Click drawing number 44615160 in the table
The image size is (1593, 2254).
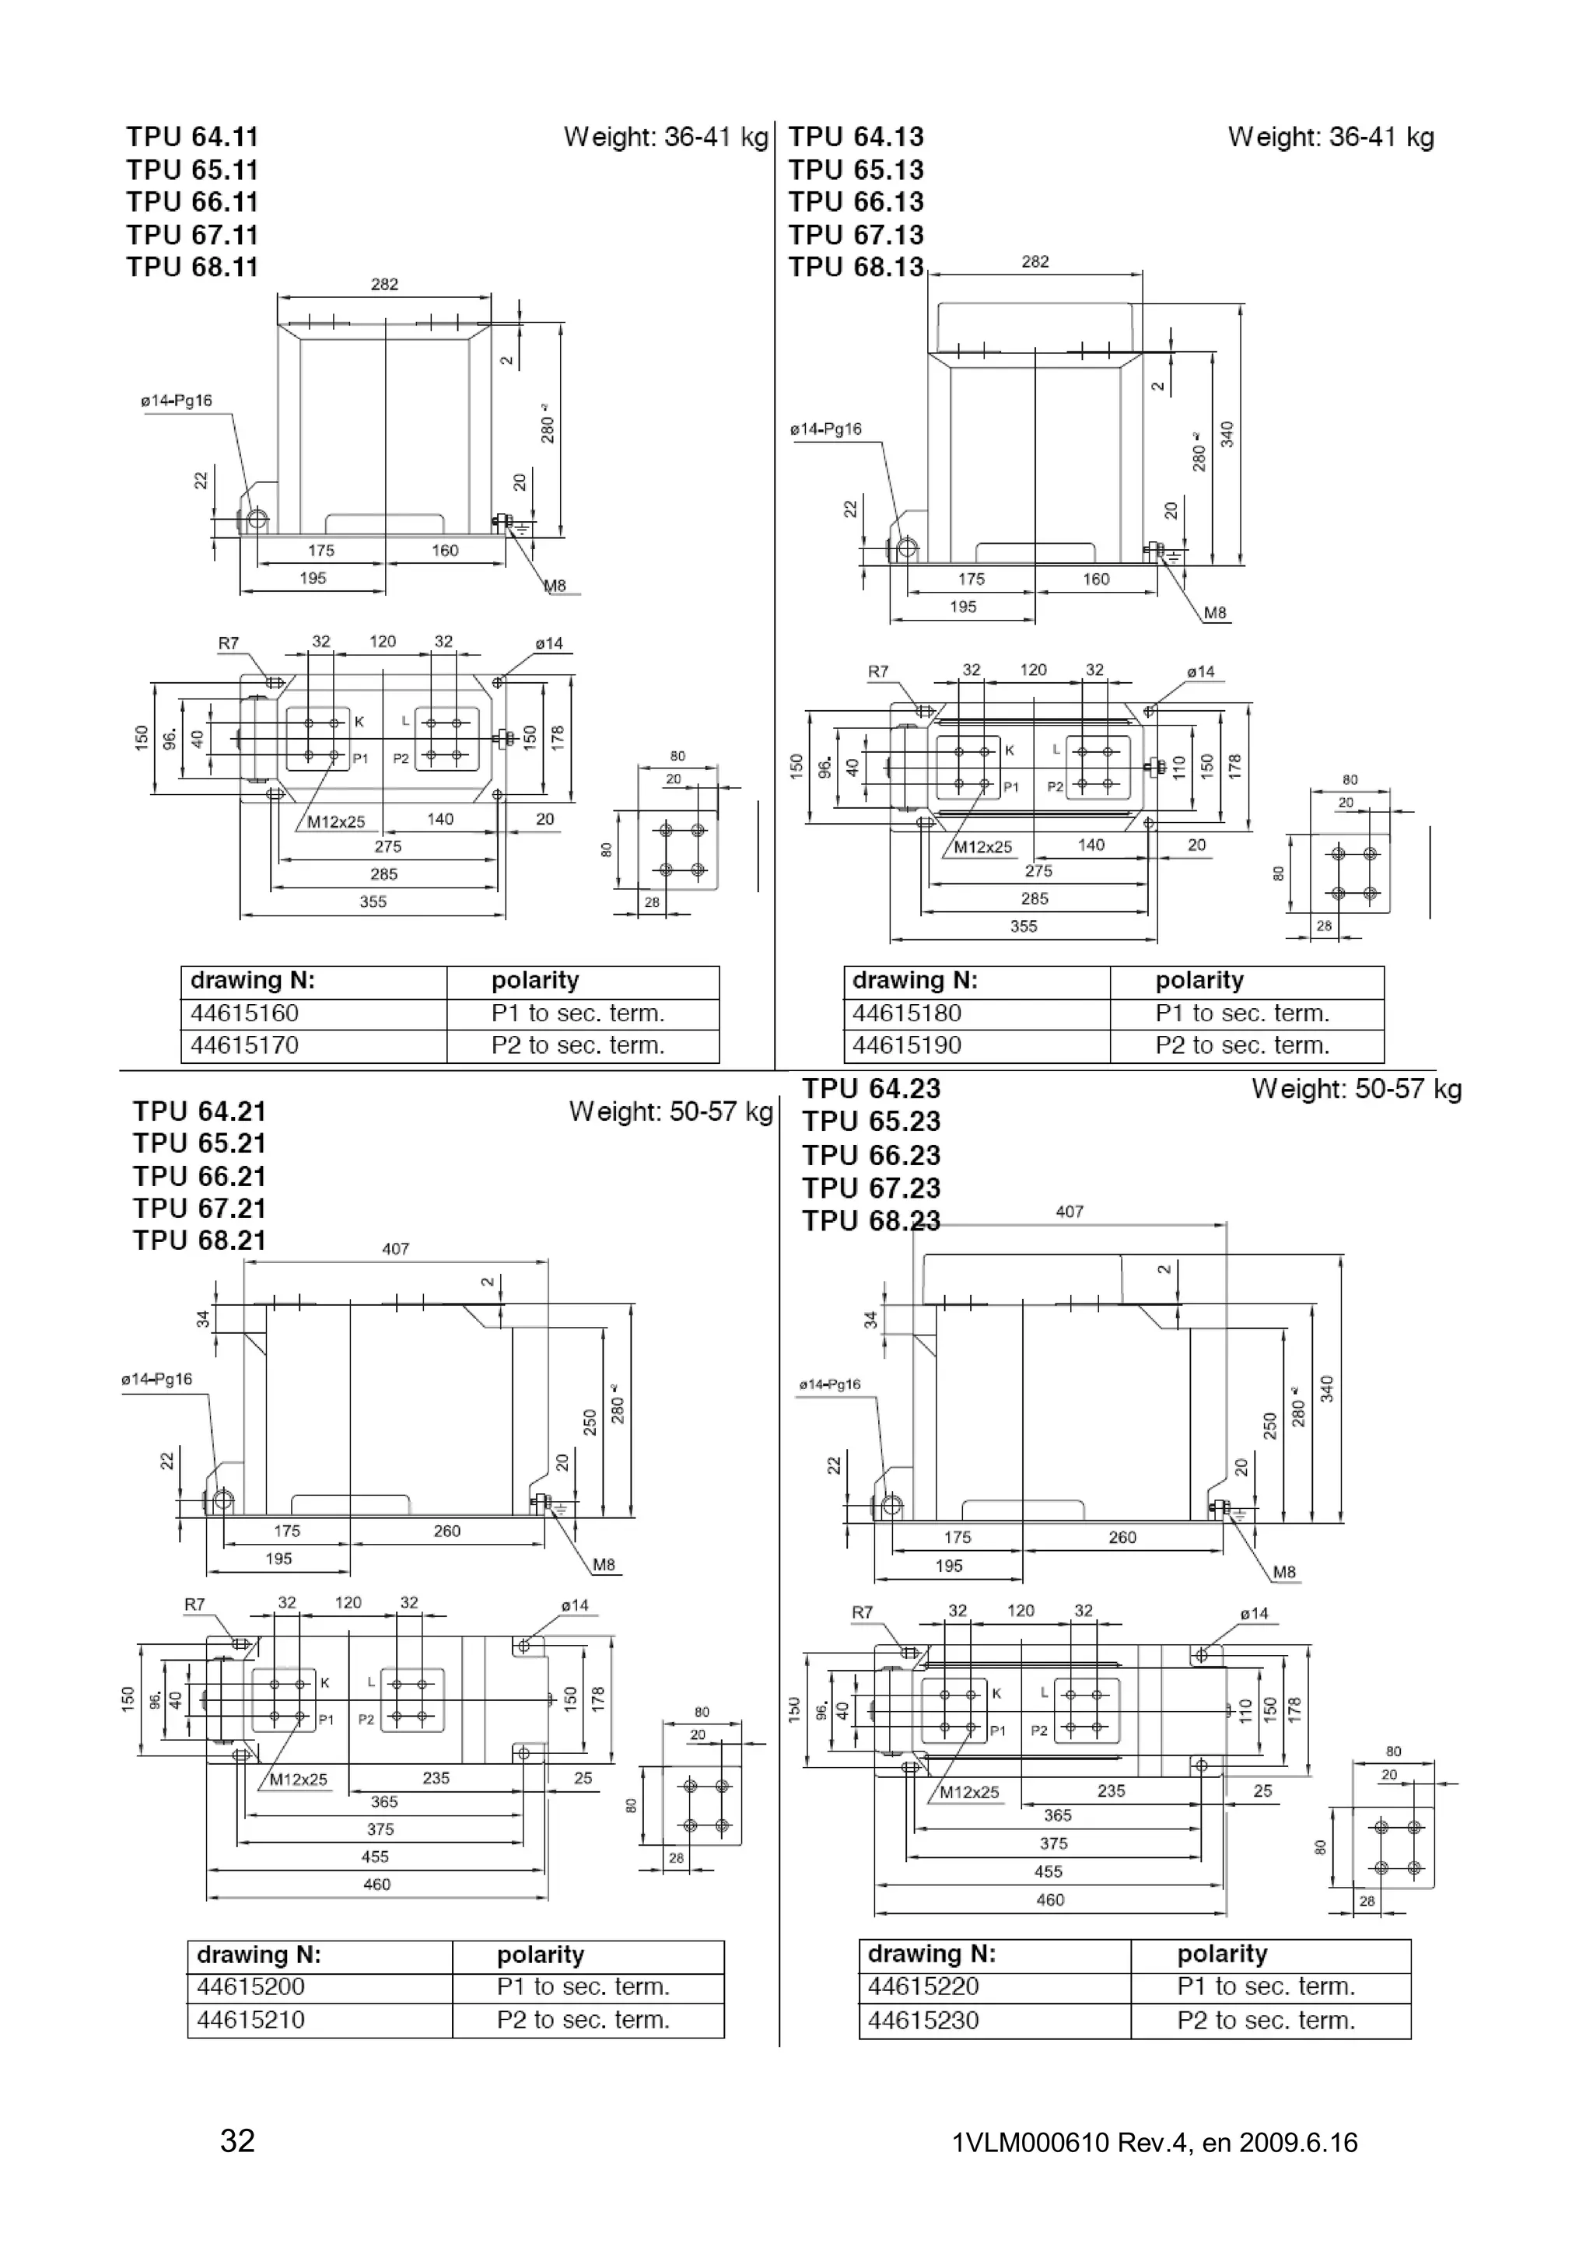(x=244, y=1013)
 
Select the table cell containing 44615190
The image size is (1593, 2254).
(x=907, y=1045)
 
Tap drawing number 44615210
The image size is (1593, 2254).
(x=251, y=2021)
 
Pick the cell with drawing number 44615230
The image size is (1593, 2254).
(x=923, y=2021)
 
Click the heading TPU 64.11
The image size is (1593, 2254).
(x=192, y=138)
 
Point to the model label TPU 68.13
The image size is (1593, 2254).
(x=856, y=267)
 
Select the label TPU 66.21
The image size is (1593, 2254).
(x=199, y=1176)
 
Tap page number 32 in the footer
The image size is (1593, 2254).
(x=237, y=2141)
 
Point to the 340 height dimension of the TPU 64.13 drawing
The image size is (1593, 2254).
(x=1227, y=434)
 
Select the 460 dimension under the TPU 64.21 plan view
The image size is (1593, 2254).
(x=377, y=1884)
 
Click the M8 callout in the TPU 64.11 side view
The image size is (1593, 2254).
(x=555, y=586)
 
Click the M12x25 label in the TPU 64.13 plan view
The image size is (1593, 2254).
(x=982, y=847)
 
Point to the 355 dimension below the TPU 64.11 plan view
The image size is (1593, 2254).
(x=373, y=901)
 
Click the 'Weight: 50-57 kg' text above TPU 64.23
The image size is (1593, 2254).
(x=1356, y=1090)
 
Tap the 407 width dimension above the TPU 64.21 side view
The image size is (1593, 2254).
(x=396, y=1249)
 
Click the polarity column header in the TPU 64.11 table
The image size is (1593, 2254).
(x=535, y=981)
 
